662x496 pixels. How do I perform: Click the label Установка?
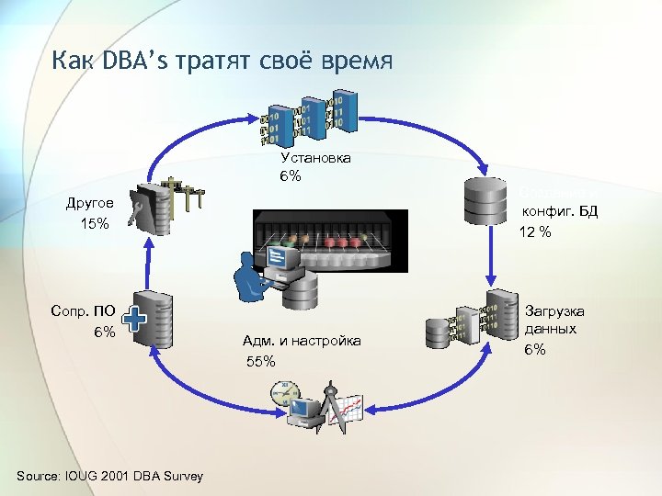pos(315,158)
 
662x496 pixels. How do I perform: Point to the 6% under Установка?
pos(291,175)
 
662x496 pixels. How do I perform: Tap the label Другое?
pos(90,203)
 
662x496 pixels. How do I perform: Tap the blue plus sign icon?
pos(135,320)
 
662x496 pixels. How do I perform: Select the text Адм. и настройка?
pos(302,341)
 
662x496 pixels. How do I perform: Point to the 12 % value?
pos(534,232)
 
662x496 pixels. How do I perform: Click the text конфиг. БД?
pos(560,211)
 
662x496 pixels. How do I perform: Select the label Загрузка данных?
pos(554,320)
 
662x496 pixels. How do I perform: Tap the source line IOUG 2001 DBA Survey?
pos(110,475)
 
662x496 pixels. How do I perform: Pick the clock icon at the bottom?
pos(284,396)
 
